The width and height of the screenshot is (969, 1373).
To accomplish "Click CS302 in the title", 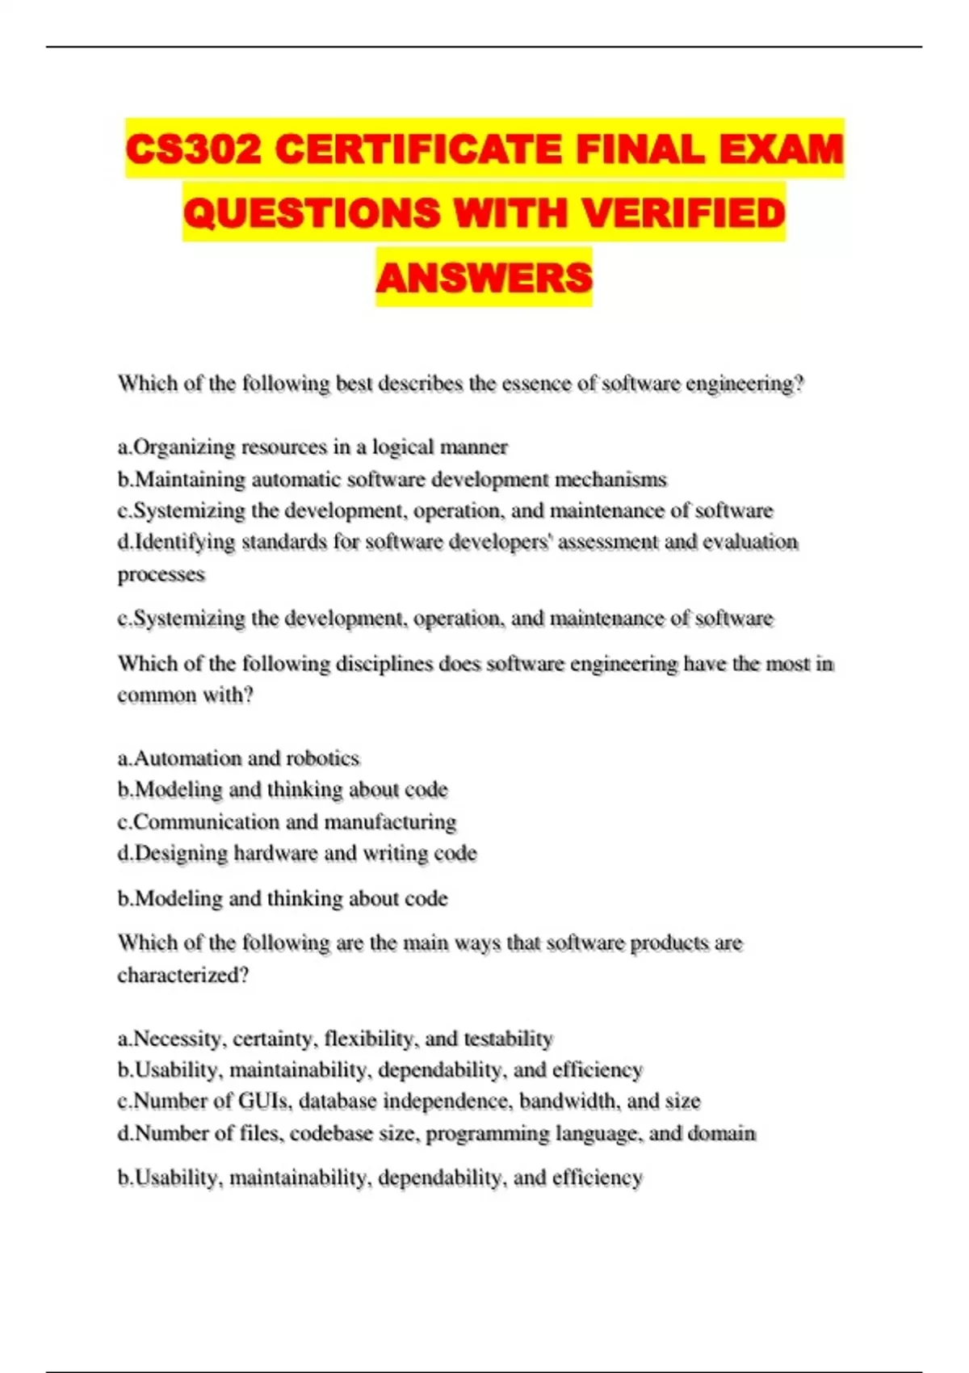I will pos(194,149).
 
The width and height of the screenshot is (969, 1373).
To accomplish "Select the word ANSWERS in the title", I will pos(484,277).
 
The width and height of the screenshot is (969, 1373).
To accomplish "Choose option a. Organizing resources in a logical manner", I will pos(313,447).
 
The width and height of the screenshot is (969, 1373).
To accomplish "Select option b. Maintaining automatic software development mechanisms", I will pos(392,479).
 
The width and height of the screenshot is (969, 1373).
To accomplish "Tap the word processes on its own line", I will pos(161,574).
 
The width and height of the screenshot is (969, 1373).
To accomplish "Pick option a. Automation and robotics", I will pos(238,758).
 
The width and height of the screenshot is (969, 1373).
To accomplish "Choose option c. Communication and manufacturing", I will pos(287,822).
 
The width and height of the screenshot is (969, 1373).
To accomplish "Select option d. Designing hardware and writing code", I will pos(297,854).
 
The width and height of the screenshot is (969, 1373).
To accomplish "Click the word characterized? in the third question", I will pos(183,975).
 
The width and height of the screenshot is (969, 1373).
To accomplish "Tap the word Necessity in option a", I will pos(179,1039).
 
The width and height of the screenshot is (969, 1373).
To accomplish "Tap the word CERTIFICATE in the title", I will pos(419,149).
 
